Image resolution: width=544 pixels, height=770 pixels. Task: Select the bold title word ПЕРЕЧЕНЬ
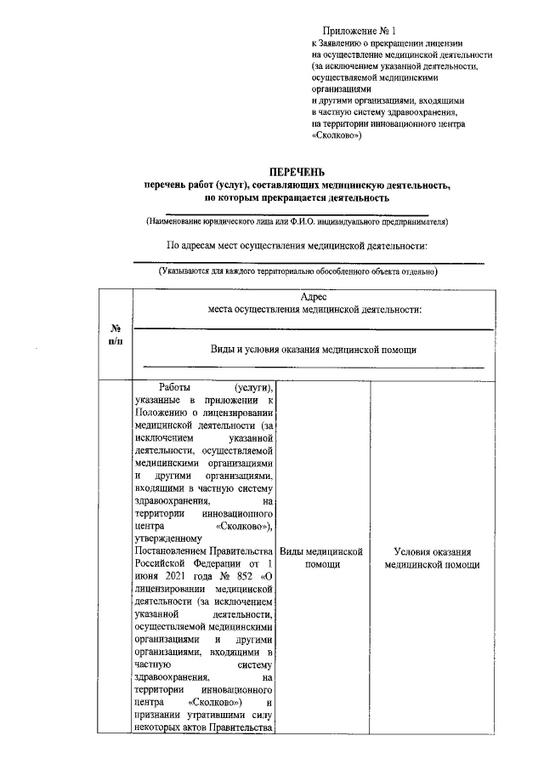click(297, 171)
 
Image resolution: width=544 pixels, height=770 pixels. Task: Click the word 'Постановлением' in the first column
click(175, 550)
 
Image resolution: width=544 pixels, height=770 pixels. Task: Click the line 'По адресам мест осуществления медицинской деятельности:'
click(297, 246)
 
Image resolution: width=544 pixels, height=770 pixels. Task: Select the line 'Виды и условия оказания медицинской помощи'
click(314, 350)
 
